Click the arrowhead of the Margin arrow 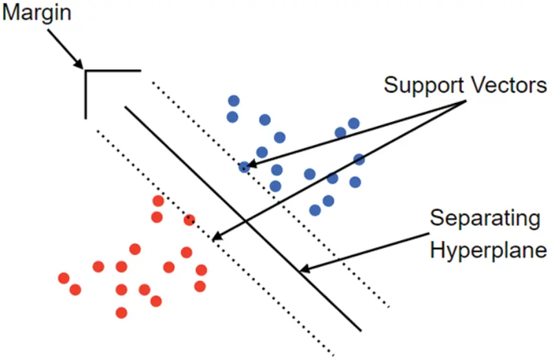(x=79, y=63)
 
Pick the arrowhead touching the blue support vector (x=252, y=164)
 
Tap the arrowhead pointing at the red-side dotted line (x=217, y=236)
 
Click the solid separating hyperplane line (x=243, y=218)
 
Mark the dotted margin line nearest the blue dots (x=270, y=195)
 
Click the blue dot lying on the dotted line (x=244, y=167)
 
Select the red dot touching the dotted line (x=189, y=220)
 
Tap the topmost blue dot (x=234, y=101)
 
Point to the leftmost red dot (x=64, y=278)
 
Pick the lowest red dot (x=122, y=313)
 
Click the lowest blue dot (x=315, y=210)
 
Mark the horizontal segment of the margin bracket (x=113, y=71)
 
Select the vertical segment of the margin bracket (x=85, y=95)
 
